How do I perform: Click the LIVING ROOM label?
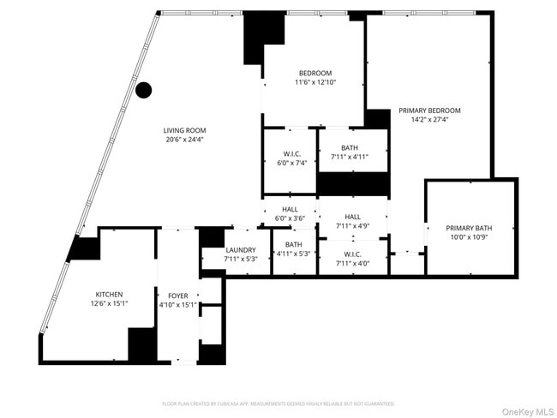click(184, 130)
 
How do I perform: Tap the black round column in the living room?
click(144, 89)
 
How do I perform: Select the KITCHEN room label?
click(109, 294)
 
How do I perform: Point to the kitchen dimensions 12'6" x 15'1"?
click(109, 303)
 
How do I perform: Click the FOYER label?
click(178, 295)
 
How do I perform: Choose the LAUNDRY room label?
click(241, 250)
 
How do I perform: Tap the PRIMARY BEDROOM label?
click(429, 110)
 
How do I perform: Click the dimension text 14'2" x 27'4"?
click(429, 120)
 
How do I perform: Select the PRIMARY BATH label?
click(470, 228)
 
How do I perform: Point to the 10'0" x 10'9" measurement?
click(470, 237)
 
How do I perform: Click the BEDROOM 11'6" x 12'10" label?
click(314, 73)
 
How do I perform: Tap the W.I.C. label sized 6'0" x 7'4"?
click(291, 153)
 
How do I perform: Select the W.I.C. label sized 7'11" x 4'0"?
click(352, 254)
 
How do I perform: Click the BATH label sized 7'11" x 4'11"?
click(349, 148)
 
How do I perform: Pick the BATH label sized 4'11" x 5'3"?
click(293, 244)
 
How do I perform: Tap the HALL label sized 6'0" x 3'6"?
click(290, 209)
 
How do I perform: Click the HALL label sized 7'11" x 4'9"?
click(352, 217)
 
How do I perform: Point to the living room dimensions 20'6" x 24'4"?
click(184, 140)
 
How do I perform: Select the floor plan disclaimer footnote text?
click(278, 403)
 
